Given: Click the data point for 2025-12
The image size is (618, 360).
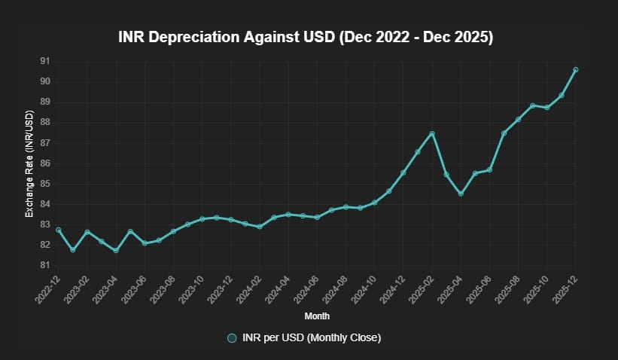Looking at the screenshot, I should pos(576,69).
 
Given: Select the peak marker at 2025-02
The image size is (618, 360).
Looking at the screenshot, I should pos(432,133).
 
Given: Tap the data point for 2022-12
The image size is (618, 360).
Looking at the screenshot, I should pos(58,230).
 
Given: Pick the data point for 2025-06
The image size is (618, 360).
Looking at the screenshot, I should pos(489,169).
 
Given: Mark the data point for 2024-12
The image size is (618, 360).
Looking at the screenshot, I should pos(403,172).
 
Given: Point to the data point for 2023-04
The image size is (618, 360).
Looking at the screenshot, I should pos(116,250).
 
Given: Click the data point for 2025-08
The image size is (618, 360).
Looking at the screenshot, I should pos(519,119).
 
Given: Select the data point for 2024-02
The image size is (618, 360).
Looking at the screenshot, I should pos(260,227).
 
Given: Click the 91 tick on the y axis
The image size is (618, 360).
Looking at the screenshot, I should pos(45,61).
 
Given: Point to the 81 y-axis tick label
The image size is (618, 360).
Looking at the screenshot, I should pos(45,265).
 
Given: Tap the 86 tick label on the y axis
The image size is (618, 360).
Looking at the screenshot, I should pos(45,163).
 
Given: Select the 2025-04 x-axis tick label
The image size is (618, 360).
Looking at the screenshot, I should pos(451,289).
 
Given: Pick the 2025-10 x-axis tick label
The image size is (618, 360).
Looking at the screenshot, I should pos(537,289).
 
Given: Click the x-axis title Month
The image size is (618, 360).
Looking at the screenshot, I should pos(317,316).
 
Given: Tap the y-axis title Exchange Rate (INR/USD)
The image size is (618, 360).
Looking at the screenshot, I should pos(29,163).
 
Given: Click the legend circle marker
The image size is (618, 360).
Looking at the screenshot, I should pos(232,338).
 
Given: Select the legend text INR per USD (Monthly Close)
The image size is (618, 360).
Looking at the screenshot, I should pos(312,338).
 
